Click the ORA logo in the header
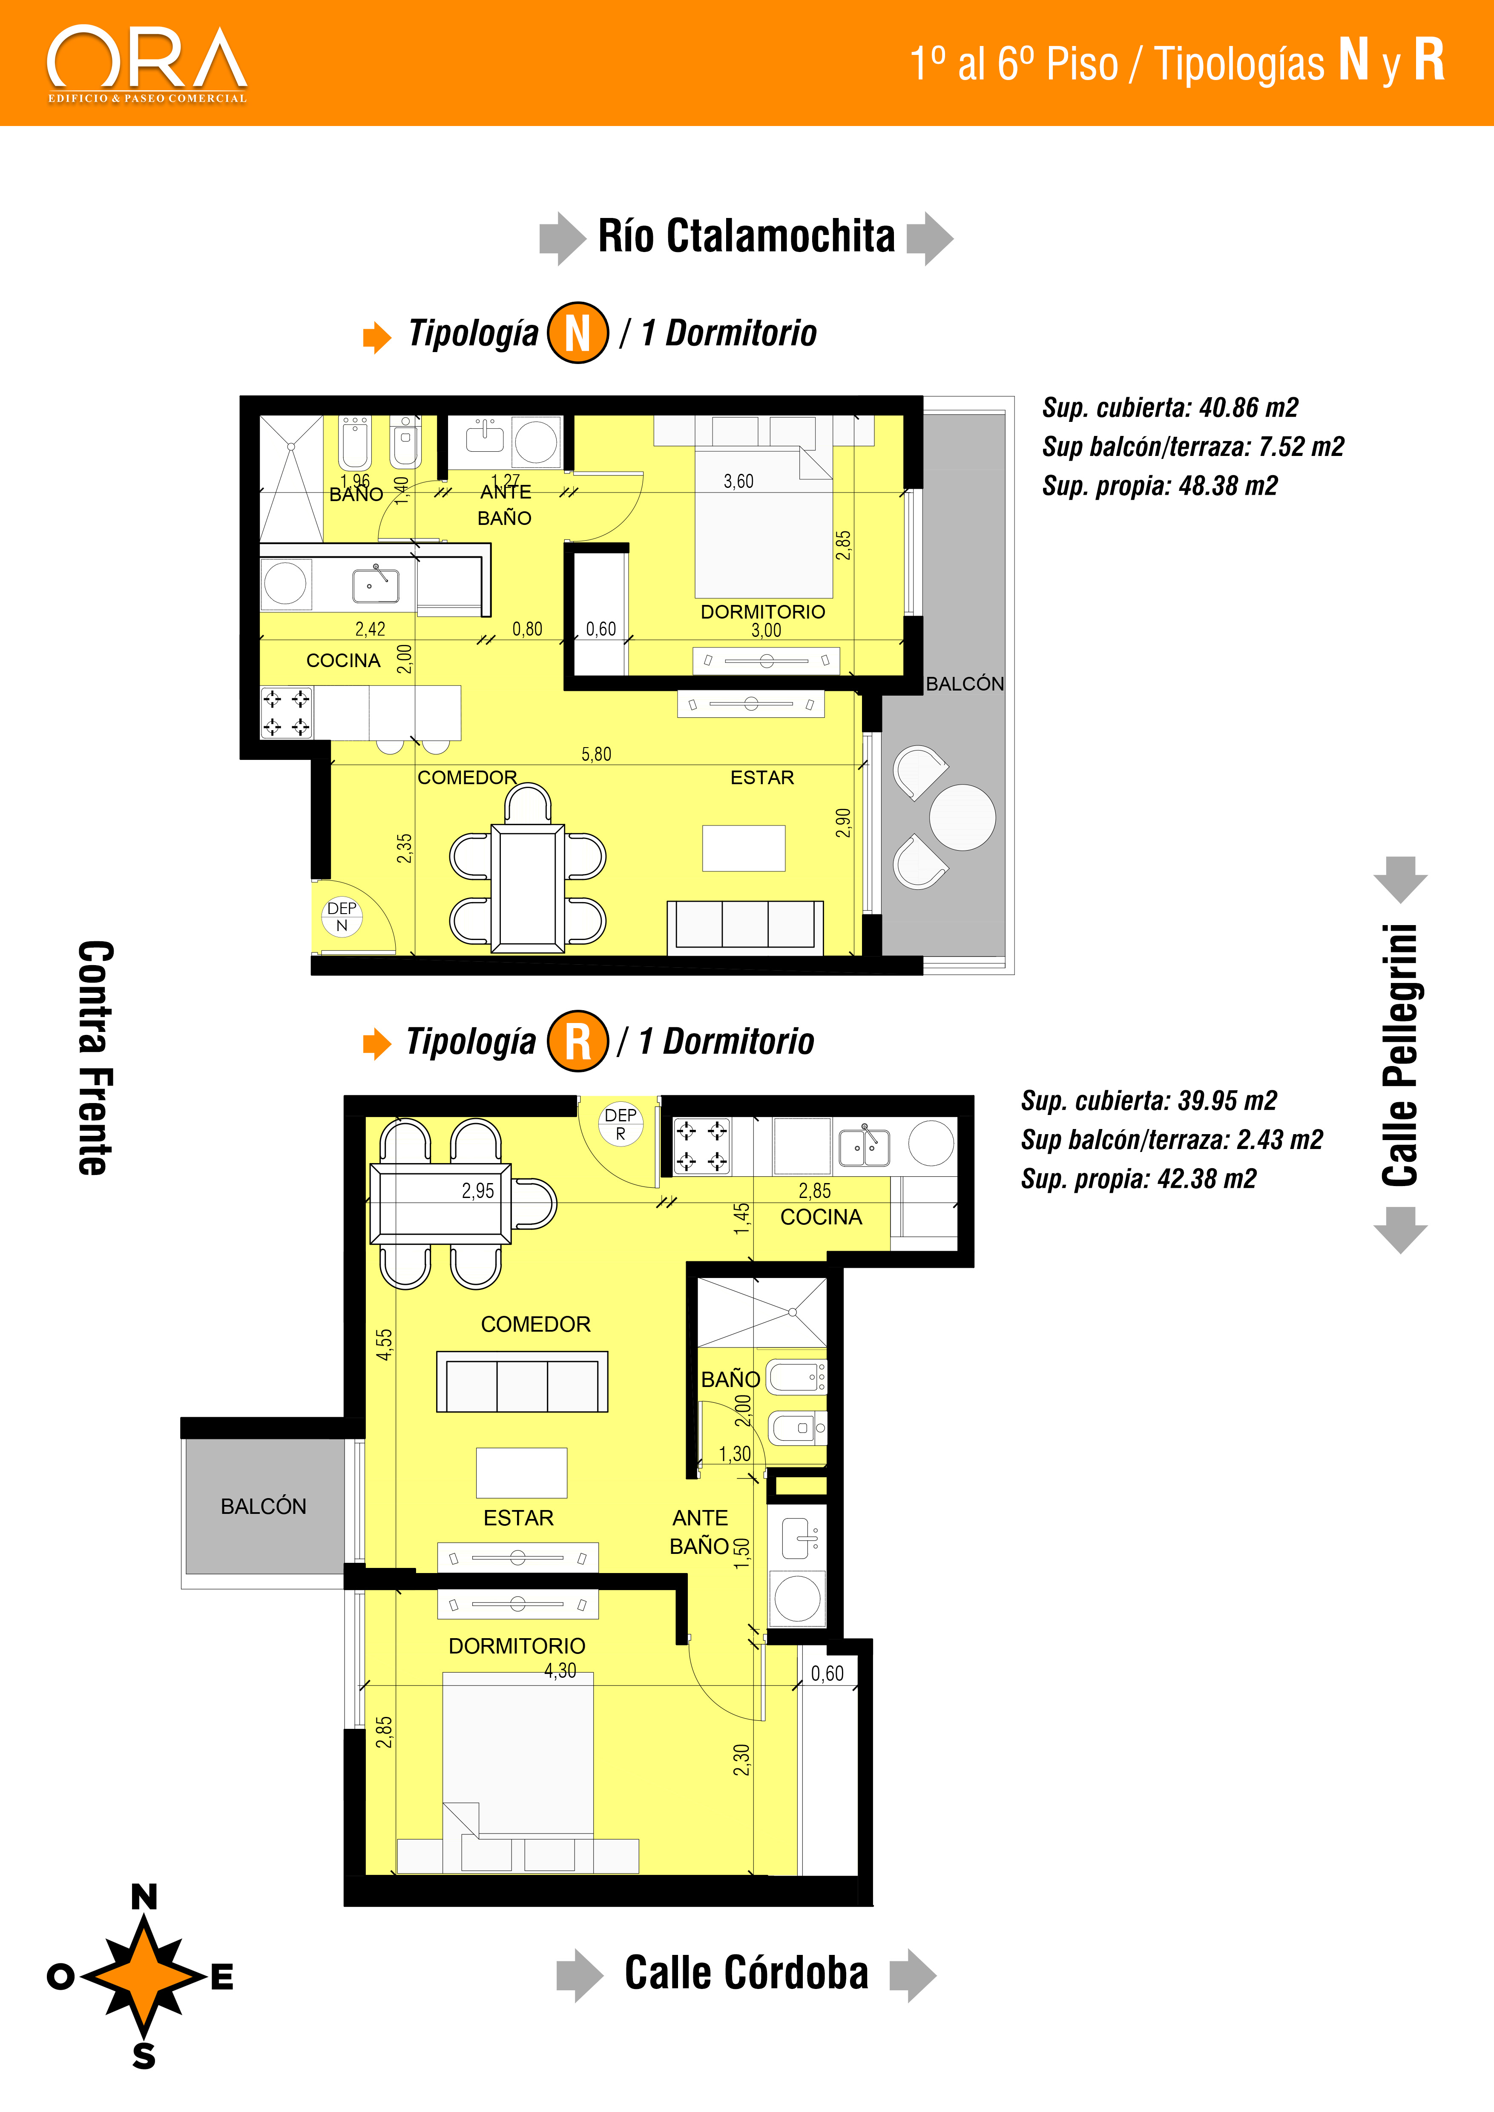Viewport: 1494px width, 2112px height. pos(147,64)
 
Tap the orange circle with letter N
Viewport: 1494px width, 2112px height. pos(578,333)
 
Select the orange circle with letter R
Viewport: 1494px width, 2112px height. pos(578,1041)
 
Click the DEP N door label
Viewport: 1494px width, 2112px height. pos(342,916)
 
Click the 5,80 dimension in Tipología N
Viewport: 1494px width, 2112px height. pos(596,754)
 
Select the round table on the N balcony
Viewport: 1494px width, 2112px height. pos(962,817)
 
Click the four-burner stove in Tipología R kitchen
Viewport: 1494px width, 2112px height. pos(702,1146)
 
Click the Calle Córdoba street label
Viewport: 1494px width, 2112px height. pos(746,1973)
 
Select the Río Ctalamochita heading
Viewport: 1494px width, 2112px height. pos(746,236)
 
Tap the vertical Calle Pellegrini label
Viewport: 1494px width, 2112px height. pos(1400,1055)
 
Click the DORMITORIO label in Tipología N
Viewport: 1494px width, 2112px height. pos(763,612)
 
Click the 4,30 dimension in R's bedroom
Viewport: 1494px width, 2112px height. pos(560,1671)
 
